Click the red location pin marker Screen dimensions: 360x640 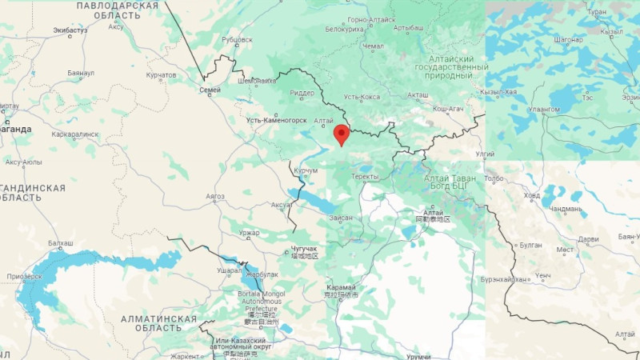[342, 134]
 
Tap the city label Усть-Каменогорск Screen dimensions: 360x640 [277, 120]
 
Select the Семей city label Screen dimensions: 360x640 [210, 90]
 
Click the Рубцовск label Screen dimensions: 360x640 [236, 39]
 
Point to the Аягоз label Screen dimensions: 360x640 [214, 196]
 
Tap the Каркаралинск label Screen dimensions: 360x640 [75, 134]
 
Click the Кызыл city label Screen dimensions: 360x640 [611, 31]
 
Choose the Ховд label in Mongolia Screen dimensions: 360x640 [531, 195]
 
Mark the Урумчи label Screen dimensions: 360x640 [418, 355]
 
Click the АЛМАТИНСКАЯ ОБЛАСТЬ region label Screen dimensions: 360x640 [158, 324]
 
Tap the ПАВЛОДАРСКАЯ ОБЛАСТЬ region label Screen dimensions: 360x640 [116, 10]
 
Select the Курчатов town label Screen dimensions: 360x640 [161, 75]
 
